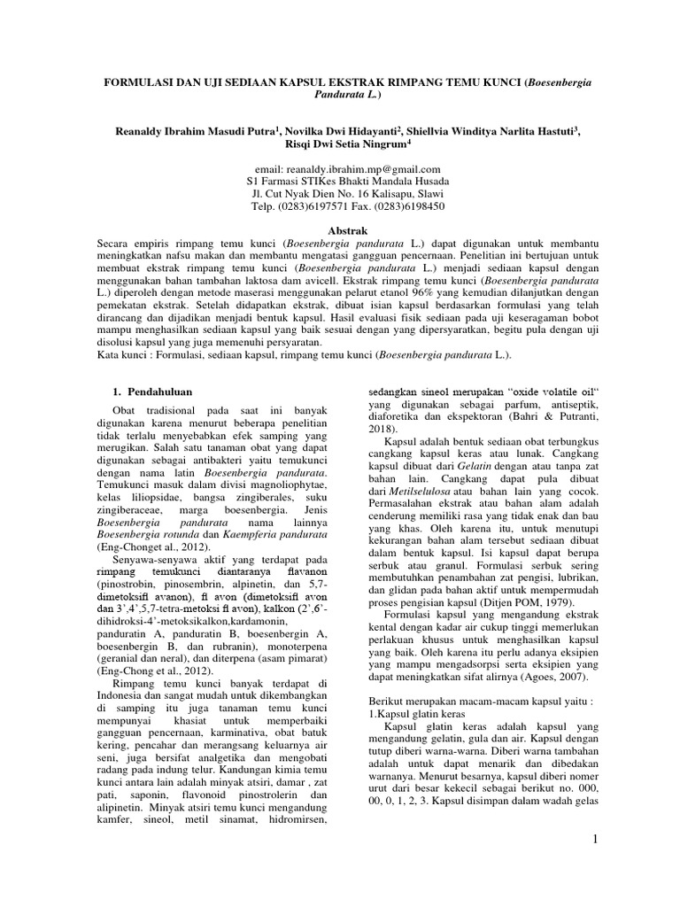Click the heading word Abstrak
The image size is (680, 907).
tap(341, 228)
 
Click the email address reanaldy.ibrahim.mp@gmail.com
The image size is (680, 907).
tap(341, 167)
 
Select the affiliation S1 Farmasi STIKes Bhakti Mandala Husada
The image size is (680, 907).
tap(341, 180)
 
